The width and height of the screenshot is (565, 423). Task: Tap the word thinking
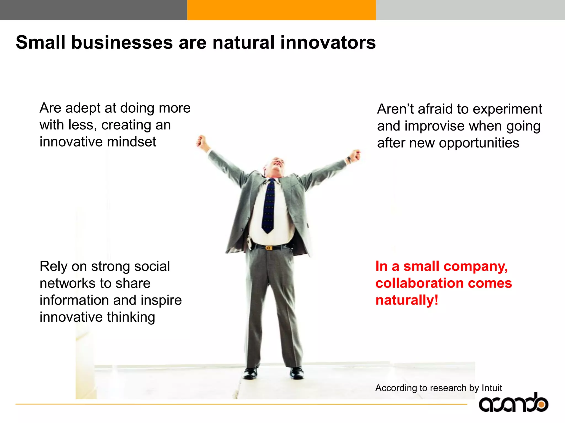[x=131, y=317]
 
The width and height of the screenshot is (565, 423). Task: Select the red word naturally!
[x=407, y=300]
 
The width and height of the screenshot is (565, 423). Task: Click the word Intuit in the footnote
[x=492, y=388]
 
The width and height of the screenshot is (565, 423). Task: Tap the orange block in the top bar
[x=281, y=10]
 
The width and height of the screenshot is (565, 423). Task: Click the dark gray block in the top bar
[x=94, y=10]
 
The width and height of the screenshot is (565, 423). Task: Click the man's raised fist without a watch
[x=201, y=141]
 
